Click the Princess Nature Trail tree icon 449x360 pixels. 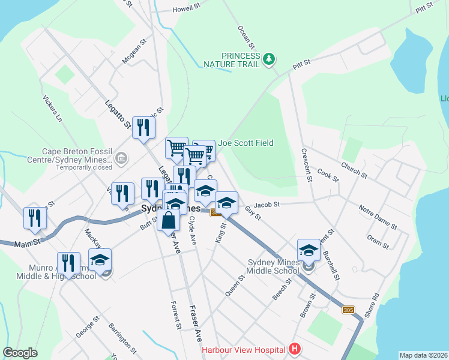[270, 58]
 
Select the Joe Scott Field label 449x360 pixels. [246, 143]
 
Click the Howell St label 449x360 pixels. [186, 8]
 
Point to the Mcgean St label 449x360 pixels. [134, 52]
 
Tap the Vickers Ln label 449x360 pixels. [52, 108]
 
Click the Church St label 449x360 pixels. [354, 170]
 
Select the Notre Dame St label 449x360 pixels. [378, 217]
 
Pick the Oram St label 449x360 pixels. [378, 242]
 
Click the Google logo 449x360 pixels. [20, 353]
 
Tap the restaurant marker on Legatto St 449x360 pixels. [143, 128]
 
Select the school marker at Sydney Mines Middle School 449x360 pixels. [309, 250]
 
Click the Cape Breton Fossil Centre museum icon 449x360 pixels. [121, 159]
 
